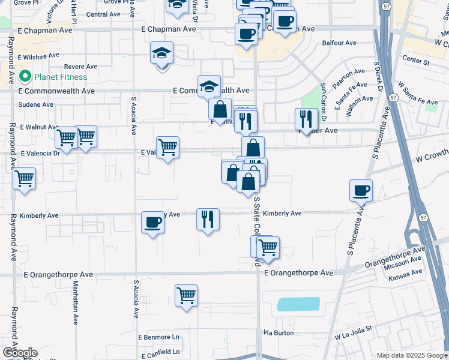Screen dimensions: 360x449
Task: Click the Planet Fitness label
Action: coord(60,77)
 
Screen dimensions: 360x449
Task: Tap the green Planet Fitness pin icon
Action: coord(25,77)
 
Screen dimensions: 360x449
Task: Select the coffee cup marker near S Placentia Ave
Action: coord(361,190)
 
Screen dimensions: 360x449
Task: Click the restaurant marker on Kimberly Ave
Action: coord(208,220)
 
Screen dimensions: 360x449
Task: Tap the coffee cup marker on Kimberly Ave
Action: coord(152,223)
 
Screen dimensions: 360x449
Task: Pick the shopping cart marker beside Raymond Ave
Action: coord(25,179)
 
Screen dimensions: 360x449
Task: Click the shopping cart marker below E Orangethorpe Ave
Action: coord(187,295)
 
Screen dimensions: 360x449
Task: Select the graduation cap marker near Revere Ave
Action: coord(161,53)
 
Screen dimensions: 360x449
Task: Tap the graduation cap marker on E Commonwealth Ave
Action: coord(209,86)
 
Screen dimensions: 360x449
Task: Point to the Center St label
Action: coord(416,61)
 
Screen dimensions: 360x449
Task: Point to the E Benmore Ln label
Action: coord(158,338)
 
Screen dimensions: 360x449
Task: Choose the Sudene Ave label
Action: coord(36,104)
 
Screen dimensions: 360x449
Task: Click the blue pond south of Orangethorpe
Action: coord(298,305)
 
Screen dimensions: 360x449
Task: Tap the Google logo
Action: coord(20,353)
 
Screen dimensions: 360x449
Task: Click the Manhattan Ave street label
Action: coord(76,312)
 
